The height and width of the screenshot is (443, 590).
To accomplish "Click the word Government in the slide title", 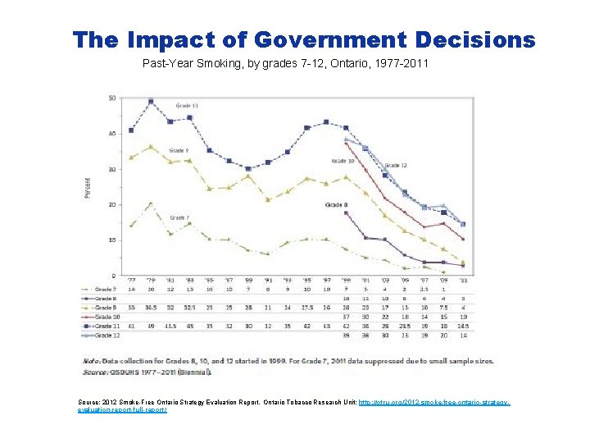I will (x=331, y=39).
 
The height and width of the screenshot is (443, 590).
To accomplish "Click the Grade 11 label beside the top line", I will (x=188, y=105).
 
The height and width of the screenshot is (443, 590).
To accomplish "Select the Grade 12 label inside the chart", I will (x=395, y=166).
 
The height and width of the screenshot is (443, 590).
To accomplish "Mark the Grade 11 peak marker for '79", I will (x=151, y=102).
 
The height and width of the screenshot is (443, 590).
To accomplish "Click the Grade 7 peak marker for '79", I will (x=151, y=203).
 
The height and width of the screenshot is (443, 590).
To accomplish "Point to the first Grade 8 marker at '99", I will (x=346, y=212).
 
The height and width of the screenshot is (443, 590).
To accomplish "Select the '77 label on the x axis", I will (x=132, y=281).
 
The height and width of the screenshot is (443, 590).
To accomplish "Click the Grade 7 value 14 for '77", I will (x=132, y=289).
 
